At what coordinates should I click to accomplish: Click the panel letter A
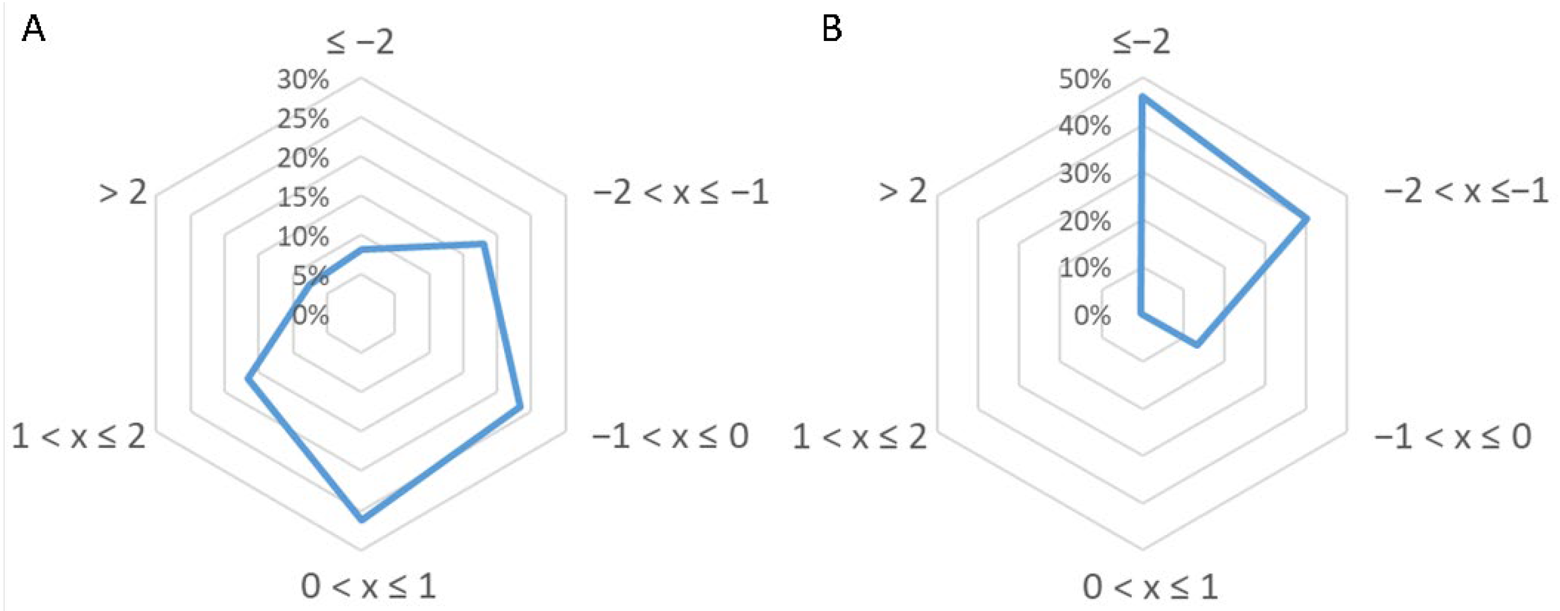pos(33,28)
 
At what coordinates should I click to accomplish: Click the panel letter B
pos(832,28)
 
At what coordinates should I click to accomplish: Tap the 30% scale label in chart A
pos(303,79)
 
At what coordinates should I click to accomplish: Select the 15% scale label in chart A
pos(303,198)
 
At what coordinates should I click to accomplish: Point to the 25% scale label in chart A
pos(303,119)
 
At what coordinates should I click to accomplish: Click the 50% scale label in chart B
pos(1085,79)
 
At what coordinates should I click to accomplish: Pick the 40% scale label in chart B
pos(1085,127)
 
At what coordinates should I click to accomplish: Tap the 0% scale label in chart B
pos(1092,316)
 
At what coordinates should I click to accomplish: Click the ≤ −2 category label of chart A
pos(361,43)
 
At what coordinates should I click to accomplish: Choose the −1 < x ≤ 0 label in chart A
pos(670,436)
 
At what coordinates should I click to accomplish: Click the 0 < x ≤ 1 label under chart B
pos(1150,587)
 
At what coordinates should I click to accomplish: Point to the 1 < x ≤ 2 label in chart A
pos(79,436)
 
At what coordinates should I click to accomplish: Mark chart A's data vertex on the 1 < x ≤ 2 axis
pos(247,378)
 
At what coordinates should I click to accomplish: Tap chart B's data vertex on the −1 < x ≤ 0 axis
pos(1197,345)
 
